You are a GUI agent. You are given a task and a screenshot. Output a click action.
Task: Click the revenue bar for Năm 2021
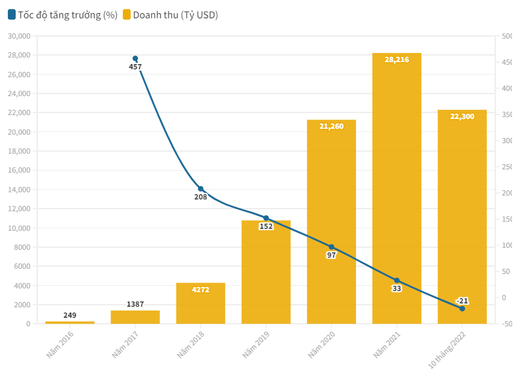[x=397, y=190]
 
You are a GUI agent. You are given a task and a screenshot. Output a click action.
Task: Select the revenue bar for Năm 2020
[x=331, y=222]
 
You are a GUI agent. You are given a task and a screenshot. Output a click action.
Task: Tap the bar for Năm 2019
[x=266, y=275]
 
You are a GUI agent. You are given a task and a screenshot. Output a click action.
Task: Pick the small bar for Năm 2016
[x=70, y=322]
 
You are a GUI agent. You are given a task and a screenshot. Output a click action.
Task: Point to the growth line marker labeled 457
[x=135, y=58]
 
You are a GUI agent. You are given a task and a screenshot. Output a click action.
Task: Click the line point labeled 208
[x=201, y=188]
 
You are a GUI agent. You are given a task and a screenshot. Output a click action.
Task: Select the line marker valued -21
[x=462, y=308]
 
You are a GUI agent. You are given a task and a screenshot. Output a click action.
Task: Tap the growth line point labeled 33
[x=397, y=281]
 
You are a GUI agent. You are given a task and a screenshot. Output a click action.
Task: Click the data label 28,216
[x=397, y=60]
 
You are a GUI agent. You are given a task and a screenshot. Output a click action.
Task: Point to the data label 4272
[x=201, y=290]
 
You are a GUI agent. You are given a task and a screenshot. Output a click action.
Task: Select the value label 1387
[x=135, y=304]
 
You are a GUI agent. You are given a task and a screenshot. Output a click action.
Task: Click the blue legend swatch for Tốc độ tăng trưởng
[x=12, y=14]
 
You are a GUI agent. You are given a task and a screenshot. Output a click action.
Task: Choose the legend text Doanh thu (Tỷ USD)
[x=175, y=14]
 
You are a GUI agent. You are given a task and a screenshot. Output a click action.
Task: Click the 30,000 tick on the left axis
[x=19, y=36]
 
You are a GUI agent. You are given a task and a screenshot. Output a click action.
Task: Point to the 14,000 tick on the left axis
[x=19, y=190]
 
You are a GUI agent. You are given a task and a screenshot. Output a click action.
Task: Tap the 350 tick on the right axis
[x=506, y=114]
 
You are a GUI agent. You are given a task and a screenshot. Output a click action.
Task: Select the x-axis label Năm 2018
[x=190, y=345]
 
